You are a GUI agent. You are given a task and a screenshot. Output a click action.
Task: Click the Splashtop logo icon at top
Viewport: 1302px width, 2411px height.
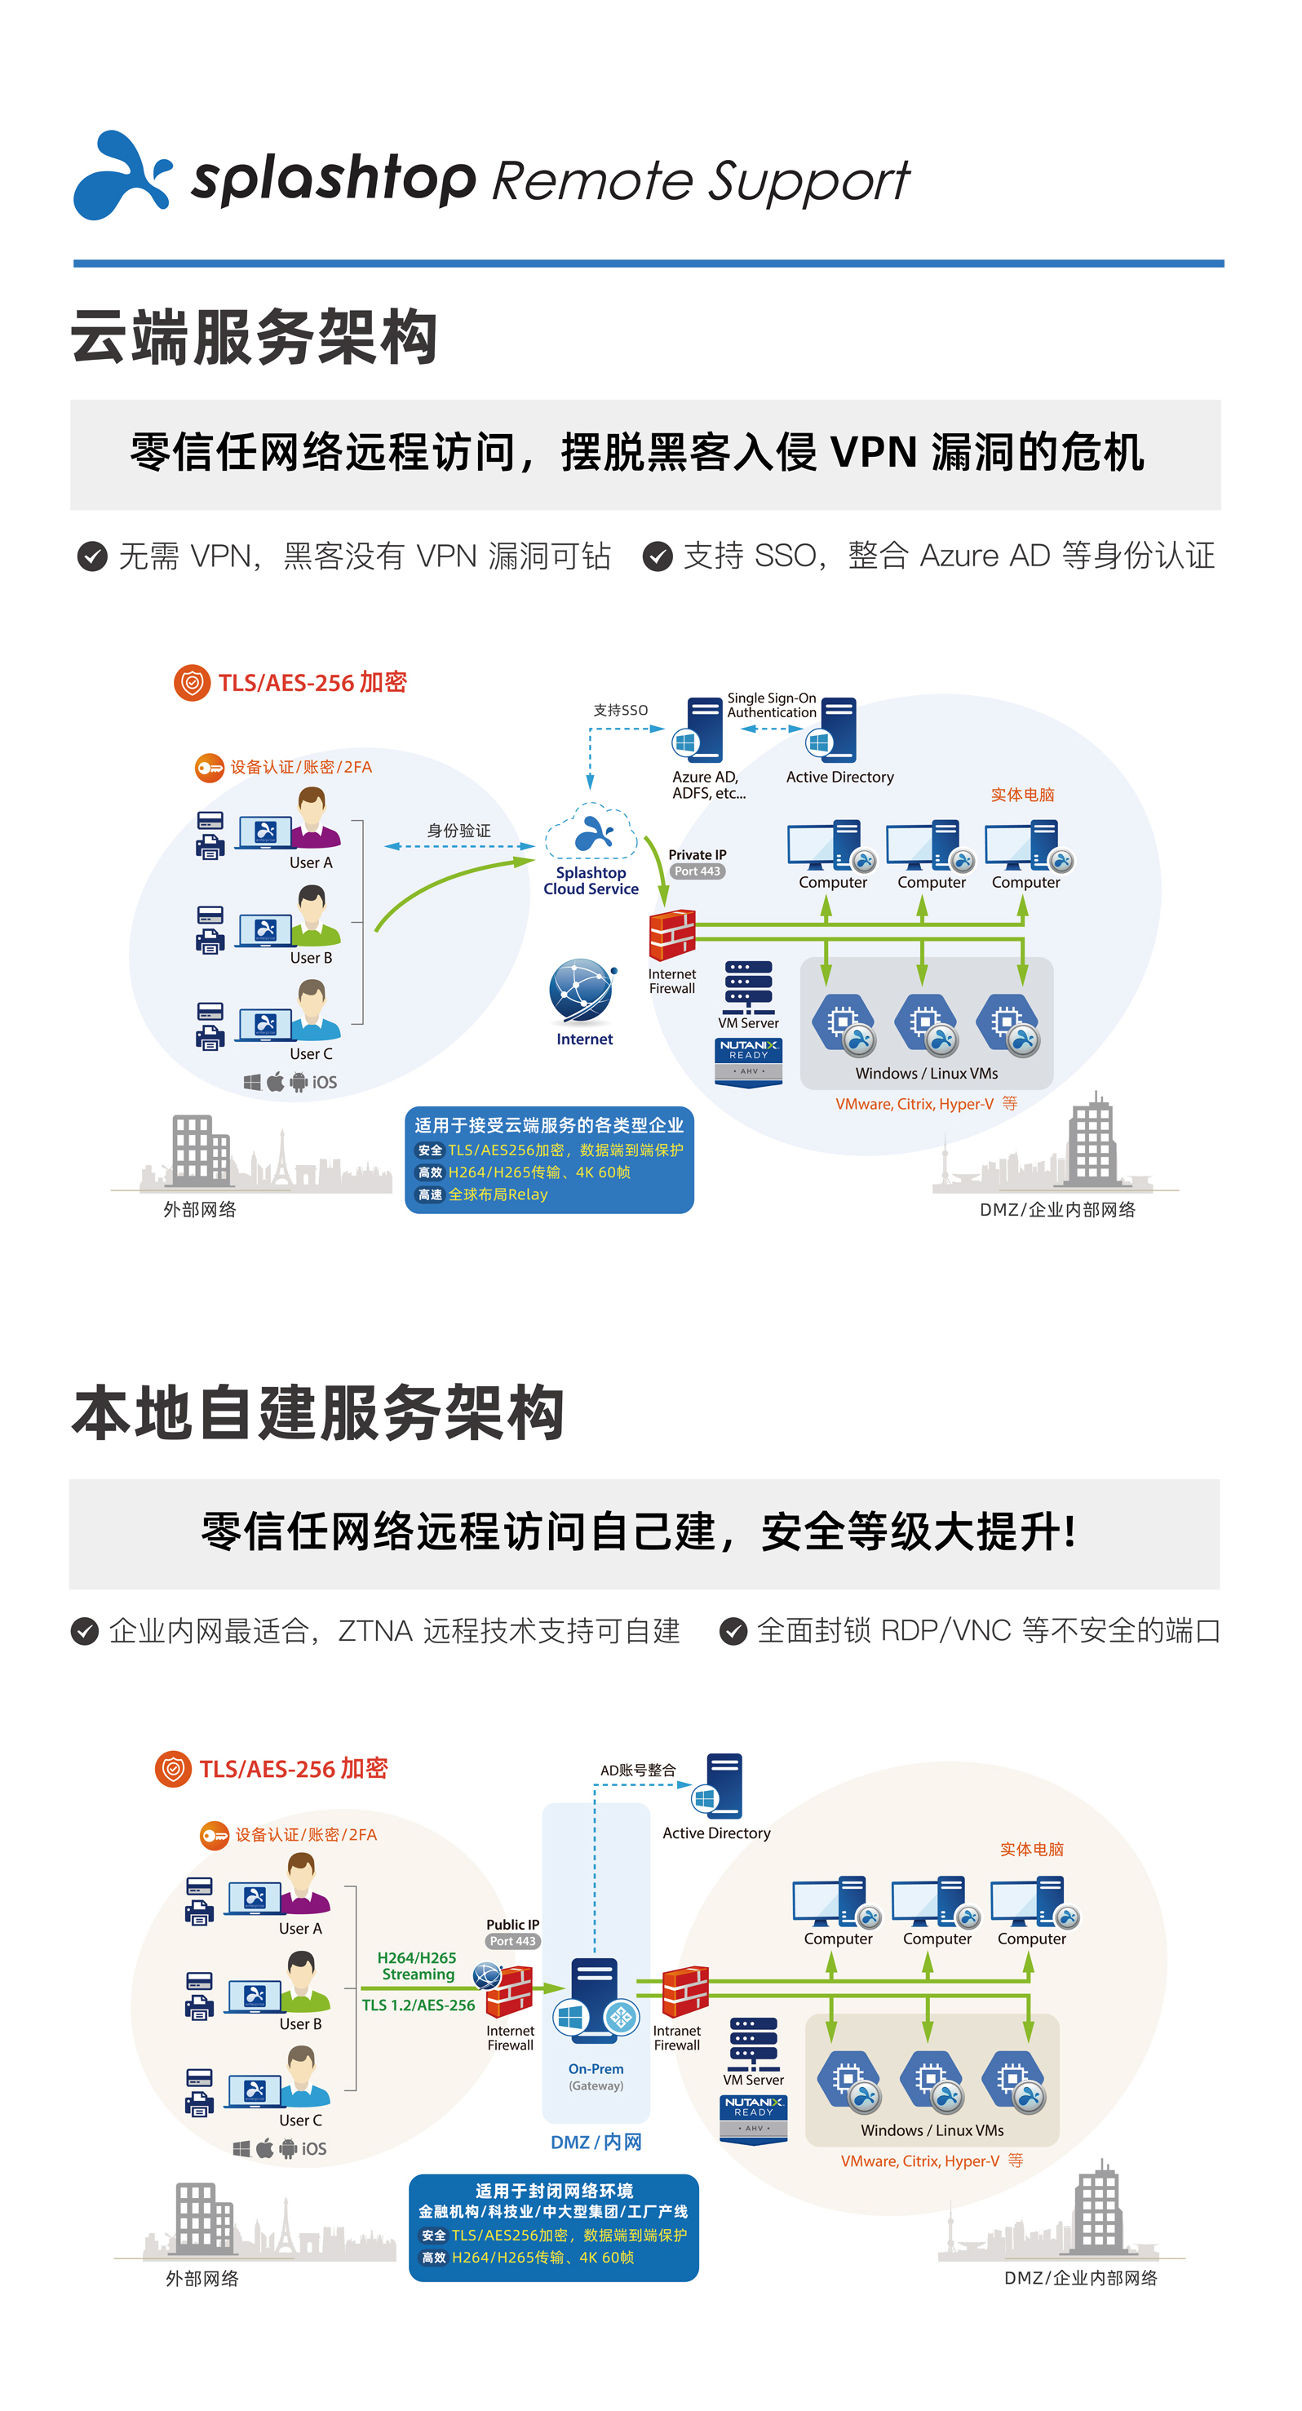pyautogui.click(x=122, y=176)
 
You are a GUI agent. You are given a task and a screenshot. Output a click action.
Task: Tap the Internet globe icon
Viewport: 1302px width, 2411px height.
pyautogui.click(x=583, y=991)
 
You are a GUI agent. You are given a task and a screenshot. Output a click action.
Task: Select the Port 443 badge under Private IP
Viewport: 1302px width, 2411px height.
pyautogui.click(x=697, y=871)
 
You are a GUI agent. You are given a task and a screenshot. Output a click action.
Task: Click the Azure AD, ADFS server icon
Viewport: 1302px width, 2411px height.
pyautogui.click(x=699, y=730)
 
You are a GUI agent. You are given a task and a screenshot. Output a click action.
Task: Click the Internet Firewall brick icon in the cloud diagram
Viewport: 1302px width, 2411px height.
pyautogui.click(x=672, y=935)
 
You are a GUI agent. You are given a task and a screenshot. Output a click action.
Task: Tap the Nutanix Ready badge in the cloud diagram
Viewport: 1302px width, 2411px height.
pyautogui.click(x=749, y=1061)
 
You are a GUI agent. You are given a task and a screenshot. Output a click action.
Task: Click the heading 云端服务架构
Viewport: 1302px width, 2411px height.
pyautogui.click(x=255, y=338)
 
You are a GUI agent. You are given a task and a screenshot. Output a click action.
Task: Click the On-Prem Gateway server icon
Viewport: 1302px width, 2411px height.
pyautogui.click(x=596, y=2004)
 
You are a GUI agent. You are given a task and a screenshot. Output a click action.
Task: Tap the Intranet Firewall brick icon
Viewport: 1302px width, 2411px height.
pyautogui.click(x=684, y=1992)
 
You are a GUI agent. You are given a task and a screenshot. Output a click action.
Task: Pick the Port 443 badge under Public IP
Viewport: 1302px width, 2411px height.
pyautogui.click(x=513, y=1941)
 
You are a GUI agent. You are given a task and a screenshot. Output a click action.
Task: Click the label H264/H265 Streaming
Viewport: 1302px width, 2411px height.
pyautogui.click(x=418, y=1966)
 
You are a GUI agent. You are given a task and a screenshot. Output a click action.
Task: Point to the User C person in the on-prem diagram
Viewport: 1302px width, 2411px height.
pyautogui.click(x=301, y=2076)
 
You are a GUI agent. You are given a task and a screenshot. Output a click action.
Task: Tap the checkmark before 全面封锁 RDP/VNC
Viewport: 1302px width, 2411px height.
pyautogui.click(x=733, y=1631)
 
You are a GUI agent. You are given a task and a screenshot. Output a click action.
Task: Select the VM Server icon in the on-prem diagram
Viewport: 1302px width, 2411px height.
pyautogui.click(x=754, y=2044)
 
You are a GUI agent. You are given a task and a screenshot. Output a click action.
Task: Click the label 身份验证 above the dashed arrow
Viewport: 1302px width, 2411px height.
pyautogui.click(x=458, y=831)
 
